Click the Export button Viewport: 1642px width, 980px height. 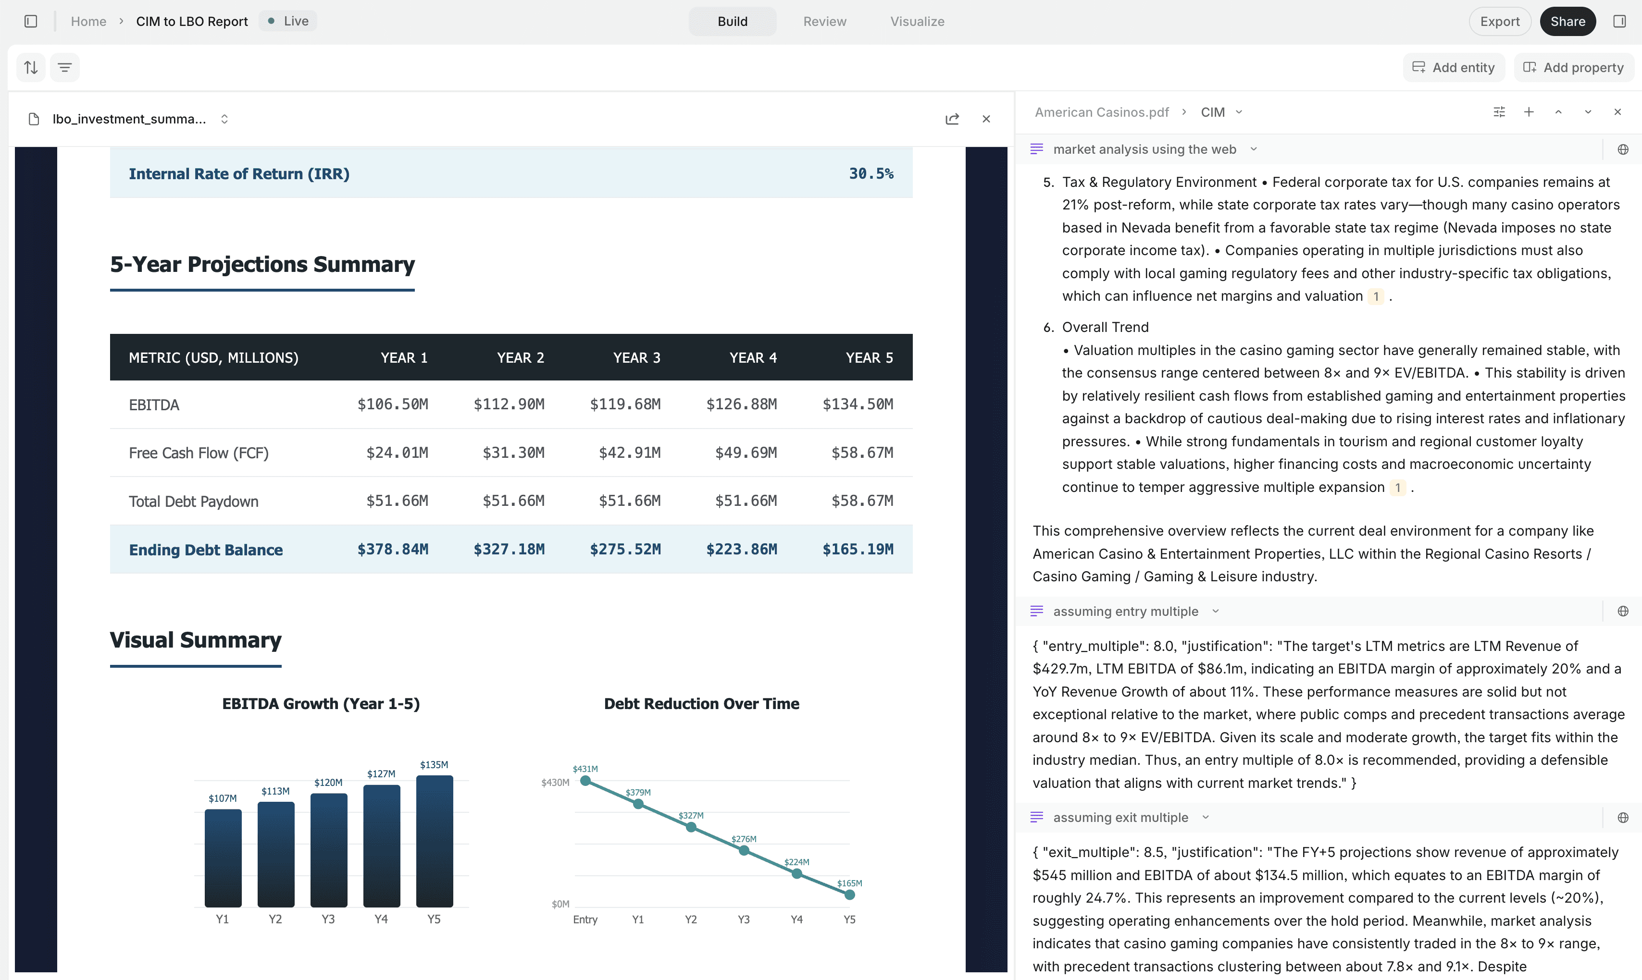click(1499, 21)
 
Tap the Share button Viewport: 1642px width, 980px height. click(1567, 21)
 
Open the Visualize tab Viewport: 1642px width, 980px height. click(917, 21)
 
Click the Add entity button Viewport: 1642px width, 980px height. click(1454, 67)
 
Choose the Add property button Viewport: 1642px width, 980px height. click(1574, 67)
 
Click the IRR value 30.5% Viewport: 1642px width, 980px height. click(871, 174)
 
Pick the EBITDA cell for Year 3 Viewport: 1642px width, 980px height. click(625, 404)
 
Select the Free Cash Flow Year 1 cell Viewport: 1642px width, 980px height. click(397, 453)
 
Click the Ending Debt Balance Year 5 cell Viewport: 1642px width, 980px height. click(858, 550)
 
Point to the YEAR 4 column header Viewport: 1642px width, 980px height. click(753, 357)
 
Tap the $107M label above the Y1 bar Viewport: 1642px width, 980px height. click(223, 798)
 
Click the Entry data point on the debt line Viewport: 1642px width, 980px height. click(585, 781)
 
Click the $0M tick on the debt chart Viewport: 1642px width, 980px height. click(560, 904)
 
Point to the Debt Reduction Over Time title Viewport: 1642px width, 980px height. click(701, 704)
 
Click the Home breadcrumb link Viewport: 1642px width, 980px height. click(88, 21)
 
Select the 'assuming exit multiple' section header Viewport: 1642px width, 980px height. click(1120, 818)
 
